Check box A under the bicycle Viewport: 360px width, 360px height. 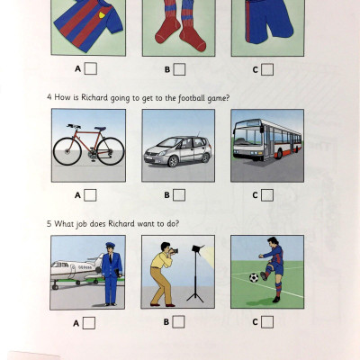coord(91,194)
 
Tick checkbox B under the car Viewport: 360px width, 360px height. coord(180,194)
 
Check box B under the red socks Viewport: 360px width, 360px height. coord(180,68)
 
